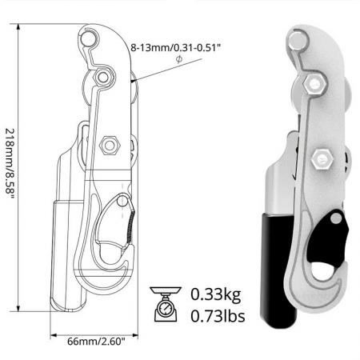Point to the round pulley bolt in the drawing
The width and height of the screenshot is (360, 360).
(102, 77)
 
